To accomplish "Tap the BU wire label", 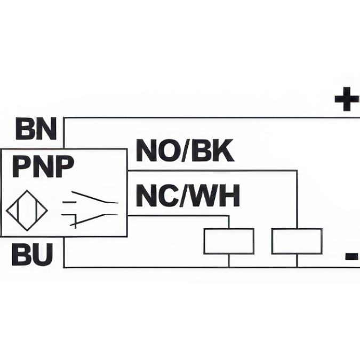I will (33, 255).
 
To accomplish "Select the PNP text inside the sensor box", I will (43, 166).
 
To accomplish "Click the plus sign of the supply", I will (346, 100).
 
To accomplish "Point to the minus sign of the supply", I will (352, 257).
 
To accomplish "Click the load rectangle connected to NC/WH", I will (229, 241).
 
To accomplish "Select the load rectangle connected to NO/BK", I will (297, 241).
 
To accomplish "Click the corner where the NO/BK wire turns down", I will (297, 171).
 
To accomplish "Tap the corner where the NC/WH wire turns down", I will (229, 215).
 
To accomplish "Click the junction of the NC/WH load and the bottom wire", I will (229, 266).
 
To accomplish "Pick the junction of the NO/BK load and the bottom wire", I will (297, 266).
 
